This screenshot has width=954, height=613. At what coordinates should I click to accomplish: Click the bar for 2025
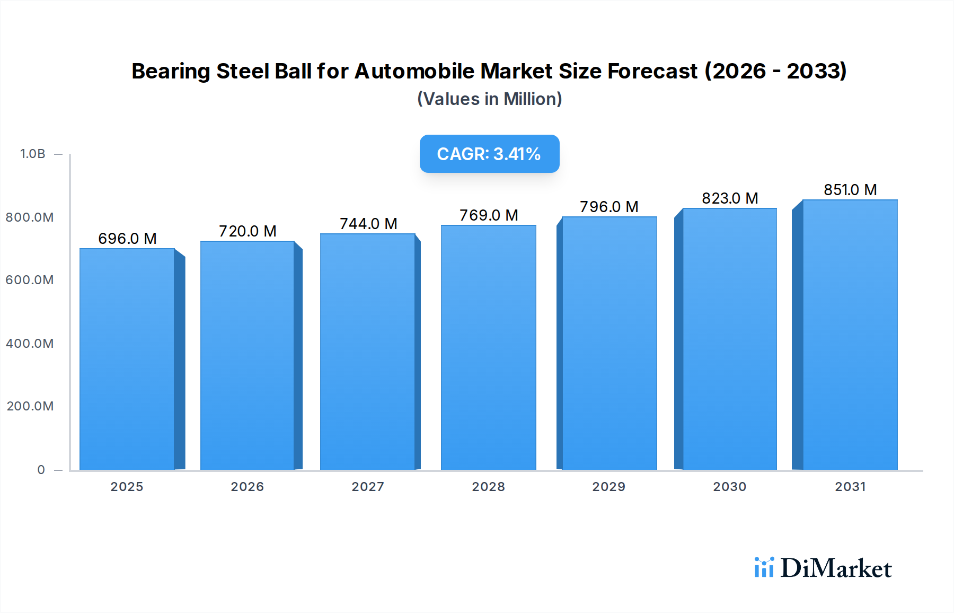coord(127,359)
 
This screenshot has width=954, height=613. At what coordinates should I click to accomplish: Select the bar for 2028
coord(488,347)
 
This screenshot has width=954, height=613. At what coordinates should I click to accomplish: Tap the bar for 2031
coord(850,335)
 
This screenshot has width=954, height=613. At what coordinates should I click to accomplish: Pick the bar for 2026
coord(248,355)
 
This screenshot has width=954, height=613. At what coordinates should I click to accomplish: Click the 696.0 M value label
coord(127,239)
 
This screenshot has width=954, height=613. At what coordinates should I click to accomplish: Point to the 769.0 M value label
coord(488,215)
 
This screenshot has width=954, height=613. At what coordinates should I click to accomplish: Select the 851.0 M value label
coord(850,190)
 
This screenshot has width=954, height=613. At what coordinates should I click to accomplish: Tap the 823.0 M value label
coord(729,198)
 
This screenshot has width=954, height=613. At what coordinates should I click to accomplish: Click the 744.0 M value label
coord(368,224)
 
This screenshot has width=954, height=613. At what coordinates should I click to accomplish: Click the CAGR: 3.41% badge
coord(489,154)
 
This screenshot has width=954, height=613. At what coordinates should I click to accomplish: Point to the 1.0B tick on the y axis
coord(33,154)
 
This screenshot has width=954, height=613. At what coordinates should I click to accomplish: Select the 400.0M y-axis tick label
coord(30,344)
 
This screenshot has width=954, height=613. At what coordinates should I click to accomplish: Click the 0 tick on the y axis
coord(41,470)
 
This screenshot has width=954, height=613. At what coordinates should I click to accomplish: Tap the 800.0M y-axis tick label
coord(30,217)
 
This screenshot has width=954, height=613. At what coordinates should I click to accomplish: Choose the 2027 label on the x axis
coord(368,487)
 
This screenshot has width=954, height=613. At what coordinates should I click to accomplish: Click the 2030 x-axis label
coord(729,487)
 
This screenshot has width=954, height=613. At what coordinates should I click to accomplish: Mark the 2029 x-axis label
coord(608,487)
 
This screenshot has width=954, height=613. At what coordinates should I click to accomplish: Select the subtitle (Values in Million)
coord(489,99)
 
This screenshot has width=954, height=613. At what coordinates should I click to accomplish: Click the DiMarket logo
coord(823,568)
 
